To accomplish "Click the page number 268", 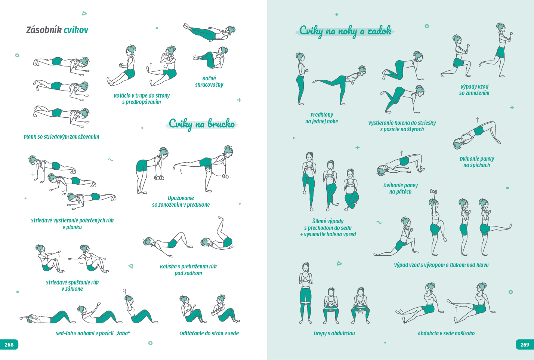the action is point(9,345).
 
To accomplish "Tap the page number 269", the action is point(525,345).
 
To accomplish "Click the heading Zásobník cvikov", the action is point(57,30).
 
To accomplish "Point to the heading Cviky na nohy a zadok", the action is point(345,31).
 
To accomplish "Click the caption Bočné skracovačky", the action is point(209,81).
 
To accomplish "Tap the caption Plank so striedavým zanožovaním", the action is point(61,137).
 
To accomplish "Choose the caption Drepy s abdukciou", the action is point(334,333).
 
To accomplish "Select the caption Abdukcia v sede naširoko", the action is point(446,333).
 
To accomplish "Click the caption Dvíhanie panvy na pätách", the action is point(401,188).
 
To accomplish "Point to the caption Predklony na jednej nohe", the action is point(322,118).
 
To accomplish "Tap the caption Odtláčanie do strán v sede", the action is point(209,333).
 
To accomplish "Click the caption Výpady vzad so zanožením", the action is point(474,90).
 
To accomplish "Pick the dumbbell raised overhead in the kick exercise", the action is point(433,191).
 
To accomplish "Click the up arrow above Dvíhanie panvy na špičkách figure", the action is point(477,120).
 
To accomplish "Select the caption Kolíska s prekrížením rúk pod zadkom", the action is point(188,270).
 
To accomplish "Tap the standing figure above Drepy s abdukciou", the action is point(305,293).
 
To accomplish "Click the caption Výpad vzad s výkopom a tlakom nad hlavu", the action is point(441,265).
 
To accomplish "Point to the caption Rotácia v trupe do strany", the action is point(142,96).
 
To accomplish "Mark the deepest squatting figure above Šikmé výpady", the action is point(351,190).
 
